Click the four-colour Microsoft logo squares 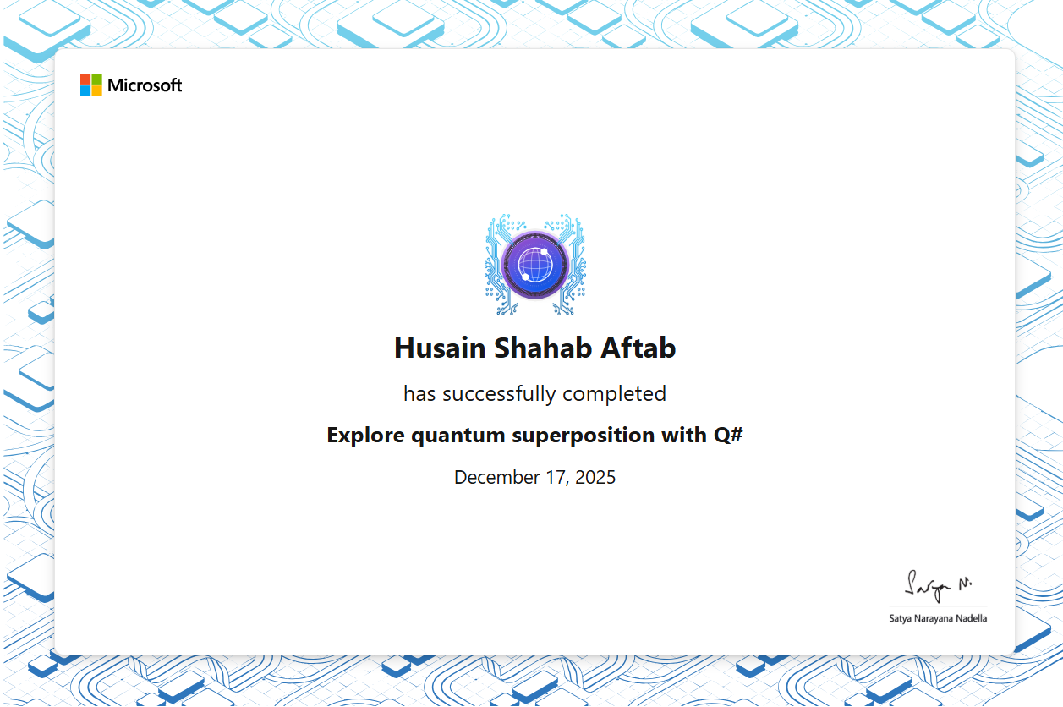(91, 85)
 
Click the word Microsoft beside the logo (145, 85)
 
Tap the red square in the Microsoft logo (85, 79)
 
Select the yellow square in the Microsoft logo (96, 90)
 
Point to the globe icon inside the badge (535, 265)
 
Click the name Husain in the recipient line (440, 348)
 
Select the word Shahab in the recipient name (543, 348)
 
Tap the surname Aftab (638, 348)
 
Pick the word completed (615, 394)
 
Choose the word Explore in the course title (365, 436)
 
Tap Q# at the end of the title (728, 436)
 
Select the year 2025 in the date (595, 477)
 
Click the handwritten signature (937, 587)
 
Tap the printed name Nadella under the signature (970, 618)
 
